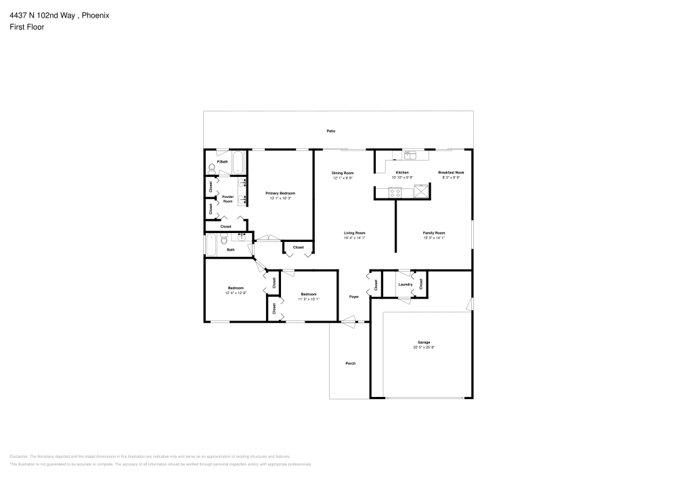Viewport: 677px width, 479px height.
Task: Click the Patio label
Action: [x=331, y=131]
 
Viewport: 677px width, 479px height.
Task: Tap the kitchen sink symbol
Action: [x=411, y=155]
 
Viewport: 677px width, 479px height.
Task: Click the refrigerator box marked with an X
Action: [x=421, y=192]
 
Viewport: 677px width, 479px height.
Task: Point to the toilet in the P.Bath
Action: [x=212, y=167]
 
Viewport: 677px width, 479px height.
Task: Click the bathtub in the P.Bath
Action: [x=238, y=161]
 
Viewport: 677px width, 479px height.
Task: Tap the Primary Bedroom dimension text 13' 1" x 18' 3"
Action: [x=280, y=199]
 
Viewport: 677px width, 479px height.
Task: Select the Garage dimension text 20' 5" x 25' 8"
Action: [x=424, y=348]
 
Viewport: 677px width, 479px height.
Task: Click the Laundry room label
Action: [x=406, y=285]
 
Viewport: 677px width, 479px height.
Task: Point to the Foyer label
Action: [x=353, y=297]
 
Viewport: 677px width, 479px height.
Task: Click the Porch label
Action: [x=351, y=364]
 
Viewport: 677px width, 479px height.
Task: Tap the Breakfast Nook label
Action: [x=451, y=173]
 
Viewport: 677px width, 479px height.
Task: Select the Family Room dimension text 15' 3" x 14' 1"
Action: [x=434, y=238]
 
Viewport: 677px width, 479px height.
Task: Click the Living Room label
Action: [x=355, y=232]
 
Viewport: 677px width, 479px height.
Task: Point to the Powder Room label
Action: [x=228, y=199]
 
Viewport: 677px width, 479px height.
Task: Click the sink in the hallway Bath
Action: [x=241, y=238]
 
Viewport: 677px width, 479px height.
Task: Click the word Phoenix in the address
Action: [x=96, y=15]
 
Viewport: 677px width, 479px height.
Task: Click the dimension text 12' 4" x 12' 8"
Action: [x=236, y=293]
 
